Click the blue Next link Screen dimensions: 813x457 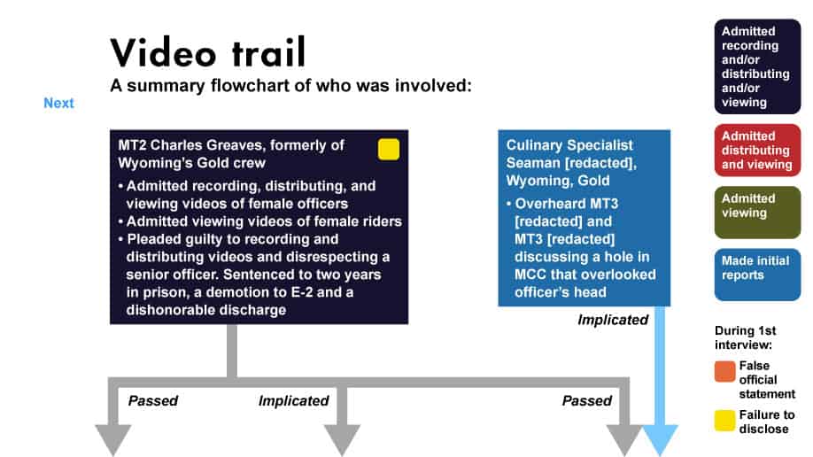[x=58, y=103]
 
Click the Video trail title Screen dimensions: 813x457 [x=208, y=52]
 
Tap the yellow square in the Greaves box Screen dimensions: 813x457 [x=389, y=150]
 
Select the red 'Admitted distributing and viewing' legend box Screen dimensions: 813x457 [x=757, y=151]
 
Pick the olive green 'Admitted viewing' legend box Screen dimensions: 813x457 [x=757, y=213]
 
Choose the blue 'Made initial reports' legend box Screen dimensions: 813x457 [x=757, y=275]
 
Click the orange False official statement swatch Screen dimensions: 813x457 [x=724, y=371]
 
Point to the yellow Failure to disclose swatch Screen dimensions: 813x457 [x=724, y=421]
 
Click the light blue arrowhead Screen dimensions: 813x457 [x=660, y=440]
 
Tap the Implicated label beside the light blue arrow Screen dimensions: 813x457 [x=613, y=320]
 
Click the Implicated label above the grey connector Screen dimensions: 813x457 [x=293, y=400]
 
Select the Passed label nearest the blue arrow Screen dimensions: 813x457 [x=587, y=400]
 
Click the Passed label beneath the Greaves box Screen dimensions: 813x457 [x=153, y=400]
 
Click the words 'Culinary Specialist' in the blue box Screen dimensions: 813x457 [x=569, y=145]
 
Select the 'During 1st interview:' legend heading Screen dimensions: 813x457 [x=745, y=337]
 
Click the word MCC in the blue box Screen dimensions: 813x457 [x=530, y=275]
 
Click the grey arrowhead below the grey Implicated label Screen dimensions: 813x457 [x=342, y=440]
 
